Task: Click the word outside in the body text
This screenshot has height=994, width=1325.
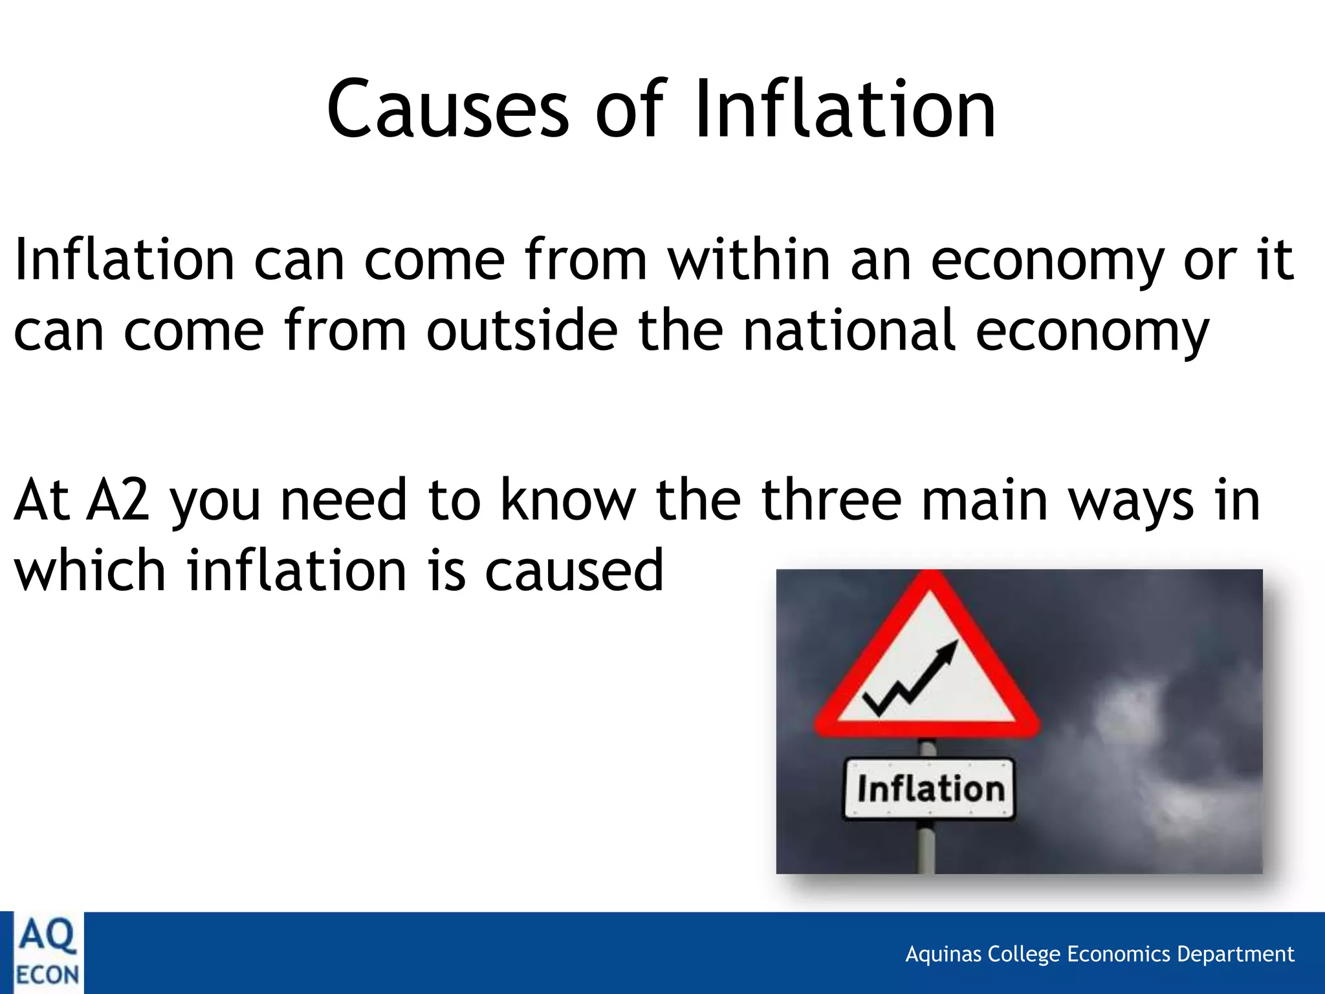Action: (x=521, y=331)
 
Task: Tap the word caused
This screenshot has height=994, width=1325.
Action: (x=574, y=571)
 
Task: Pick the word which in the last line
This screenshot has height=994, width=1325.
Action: (x=90, y=571)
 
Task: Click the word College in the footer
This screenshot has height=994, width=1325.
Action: (x=1024, y=955)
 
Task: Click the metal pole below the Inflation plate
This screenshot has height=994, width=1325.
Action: (x=926, y=848)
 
